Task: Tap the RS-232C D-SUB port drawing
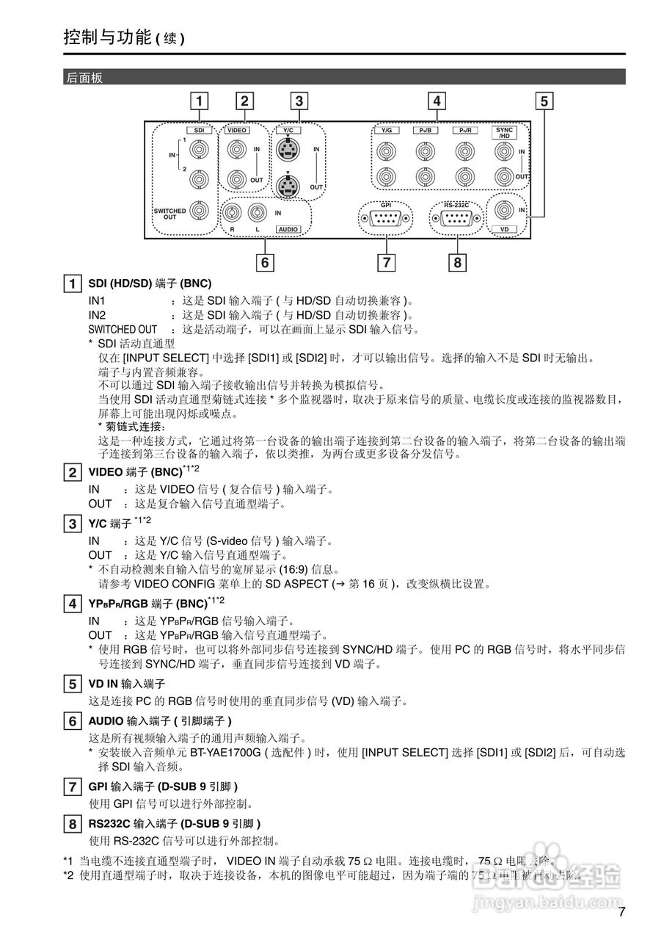point(456,217)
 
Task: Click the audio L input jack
point(257,213)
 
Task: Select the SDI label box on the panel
point(198,129)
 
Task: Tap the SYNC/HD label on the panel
point(503,132)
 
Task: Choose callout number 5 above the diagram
point(544,101)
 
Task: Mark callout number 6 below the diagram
point(265,261)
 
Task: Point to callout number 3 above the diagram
point(298,101)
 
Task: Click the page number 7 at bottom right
point(621,913)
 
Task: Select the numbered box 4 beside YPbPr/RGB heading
point(72,604)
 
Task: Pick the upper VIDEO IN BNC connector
point(236,151)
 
